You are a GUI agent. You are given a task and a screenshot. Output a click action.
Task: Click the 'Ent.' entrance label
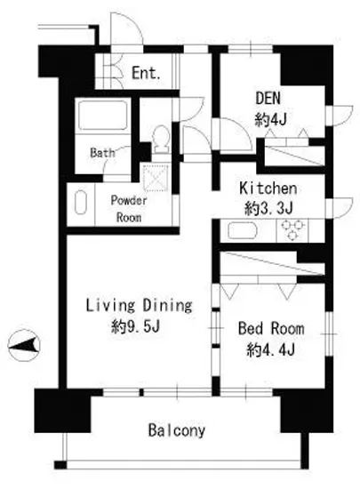(146, 73)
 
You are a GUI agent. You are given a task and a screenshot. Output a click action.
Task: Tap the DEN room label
(268, 98)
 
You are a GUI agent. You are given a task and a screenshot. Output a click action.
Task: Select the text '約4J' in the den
(270, 119)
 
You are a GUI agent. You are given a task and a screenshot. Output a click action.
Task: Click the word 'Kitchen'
(268, 188)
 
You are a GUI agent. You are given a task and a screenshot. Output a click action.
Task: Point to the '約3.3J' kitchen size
(268, 208)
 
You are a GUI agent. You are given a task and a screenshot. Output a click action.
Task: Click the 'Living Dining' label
(139, 305)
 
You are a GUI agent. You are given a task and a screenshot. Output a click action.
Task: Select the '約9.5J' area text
(136, 326)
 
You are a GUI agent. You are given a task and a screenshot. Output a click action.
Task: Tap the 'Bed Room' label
(271, 328)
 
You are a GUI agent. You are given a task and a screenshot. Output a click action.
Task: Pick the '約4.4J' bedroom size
(270, 350)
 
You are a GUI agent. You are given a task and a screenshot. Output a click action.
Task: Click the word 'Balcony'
(177, 430)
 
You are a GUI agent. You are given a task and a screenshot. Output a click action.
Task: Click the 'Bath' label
(102, 153)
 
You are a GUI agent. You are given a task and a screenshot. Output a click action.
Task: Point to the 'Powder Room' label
(129, 209)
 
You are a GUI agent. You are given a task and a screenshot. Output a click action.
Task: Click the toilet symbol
(162, 139)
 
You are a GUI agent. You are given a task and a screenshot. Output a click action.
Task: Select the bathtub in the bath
(103, 115)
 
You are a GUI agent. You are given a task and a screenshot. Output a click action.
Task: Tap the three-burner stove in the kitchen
(292, 230)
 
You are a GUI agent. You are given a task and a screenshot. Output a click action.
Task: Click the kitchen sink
(242, 231)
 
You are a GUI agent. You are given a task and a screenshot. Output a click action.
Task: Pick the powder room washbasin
(80, 202)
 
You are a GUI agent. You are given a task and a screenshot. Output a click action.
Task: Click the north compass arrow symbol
(24, 345)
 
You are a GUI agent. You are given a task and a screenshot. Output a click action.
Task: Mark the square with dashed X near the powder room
(156, 178)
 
